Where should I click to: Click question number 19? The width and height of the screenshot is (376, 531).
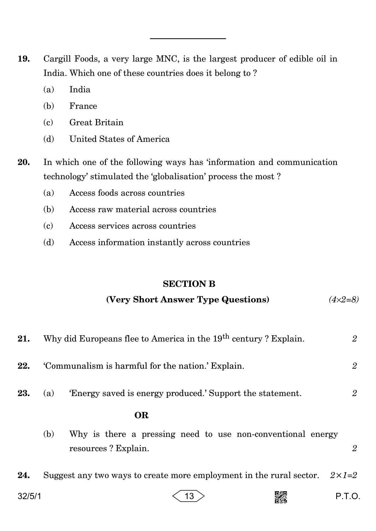point(24,59)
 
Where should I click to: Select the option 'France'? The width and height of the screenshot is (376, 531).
point(83,106)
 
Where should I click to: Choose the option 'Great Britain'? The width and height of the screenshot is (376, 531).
point(96,122)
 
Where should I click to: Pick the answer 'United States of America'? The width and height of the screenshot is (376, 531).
point(119,139)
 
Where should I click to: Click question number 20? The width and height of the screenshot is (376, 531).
point(24,162)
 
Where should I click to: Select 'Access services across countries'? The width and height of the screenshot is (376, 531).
point(132,226)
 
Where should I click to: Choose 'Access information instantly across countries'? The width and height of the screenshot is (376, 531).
point(159,243)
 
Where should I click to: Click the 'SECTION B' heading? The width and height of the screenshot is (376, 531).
point(189,284)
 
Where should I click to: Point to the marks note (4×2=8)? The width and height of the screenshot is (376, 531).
point(343,299)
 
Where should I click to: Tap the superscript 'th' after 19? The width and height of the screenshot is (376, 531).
point(226,336)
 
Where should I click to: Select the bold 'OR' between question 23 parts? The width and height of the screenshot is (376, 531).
point(141,415)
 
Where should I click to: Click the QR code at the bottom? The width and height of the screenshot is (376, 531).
point(281,497)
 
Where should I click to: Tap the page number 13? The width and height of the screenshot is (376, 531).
point(189,496)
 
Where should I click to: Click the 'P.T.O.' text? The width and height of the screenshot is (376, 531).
point(348,497)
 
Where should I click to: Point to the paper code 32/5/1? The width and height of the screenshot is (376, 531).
point(29,497)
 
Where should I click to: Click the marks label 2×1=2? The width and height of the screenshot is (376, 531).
point(343,475)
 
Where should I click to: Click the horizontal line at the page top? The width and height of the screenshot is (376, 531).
point(188,38)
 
